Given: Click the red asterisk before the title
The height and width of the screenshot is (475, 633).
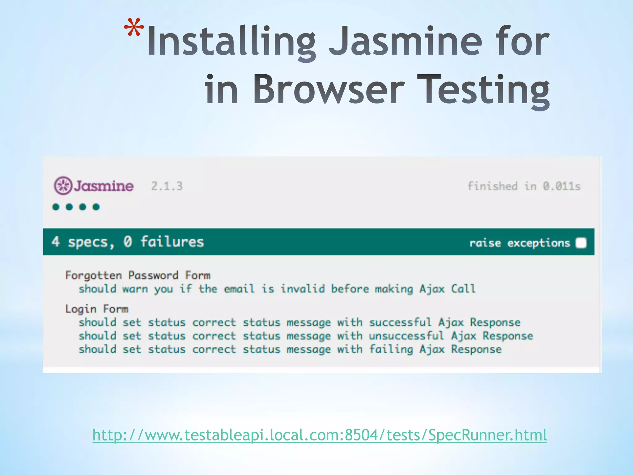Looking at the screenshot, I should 134,28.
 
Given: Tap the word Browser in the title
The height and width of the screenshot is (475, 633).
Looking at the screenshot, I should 329,90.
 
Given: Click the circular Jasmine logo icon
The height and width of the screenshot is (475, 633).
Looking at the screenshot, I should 63,186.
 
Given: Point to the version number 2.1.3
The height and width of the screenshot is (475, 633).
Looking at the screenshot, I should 167,186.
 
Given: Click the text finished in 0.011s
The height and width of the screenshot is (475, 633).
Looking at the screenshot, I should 524,186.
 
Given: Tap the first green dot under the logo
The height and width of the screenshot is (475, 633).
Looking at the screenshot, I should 56,207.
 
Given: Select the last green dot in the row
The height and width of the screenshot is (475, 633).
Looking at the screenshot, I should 96,207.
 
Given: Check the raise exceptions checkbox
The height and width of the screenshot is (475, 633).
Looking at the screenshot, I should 581,243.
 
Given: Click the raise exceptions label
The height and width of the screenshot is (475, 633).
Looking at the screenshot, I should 519,243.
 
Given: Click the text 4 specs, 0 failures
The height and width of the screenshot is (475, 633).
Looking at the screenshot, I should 128,242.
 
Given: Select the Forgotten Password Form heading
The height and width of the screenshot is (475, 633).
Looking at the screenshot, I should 138,275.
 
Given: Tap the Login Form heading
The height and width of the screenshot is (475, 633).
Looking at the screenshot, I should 97,309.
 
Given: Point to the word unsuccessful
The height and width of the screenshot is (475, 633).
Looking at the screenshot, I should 406,336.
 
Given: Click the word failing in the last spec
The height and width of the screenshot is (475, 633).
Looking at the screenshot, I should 391,349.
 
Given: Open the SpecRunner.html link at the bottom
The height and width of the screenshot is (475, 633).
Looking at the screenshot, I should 320,435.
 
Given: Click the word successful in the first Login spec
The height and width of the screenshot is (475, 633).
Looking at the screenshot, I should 400,322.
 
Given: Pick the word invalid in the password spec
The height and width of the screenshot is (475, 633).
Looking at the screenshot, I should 303,289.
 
